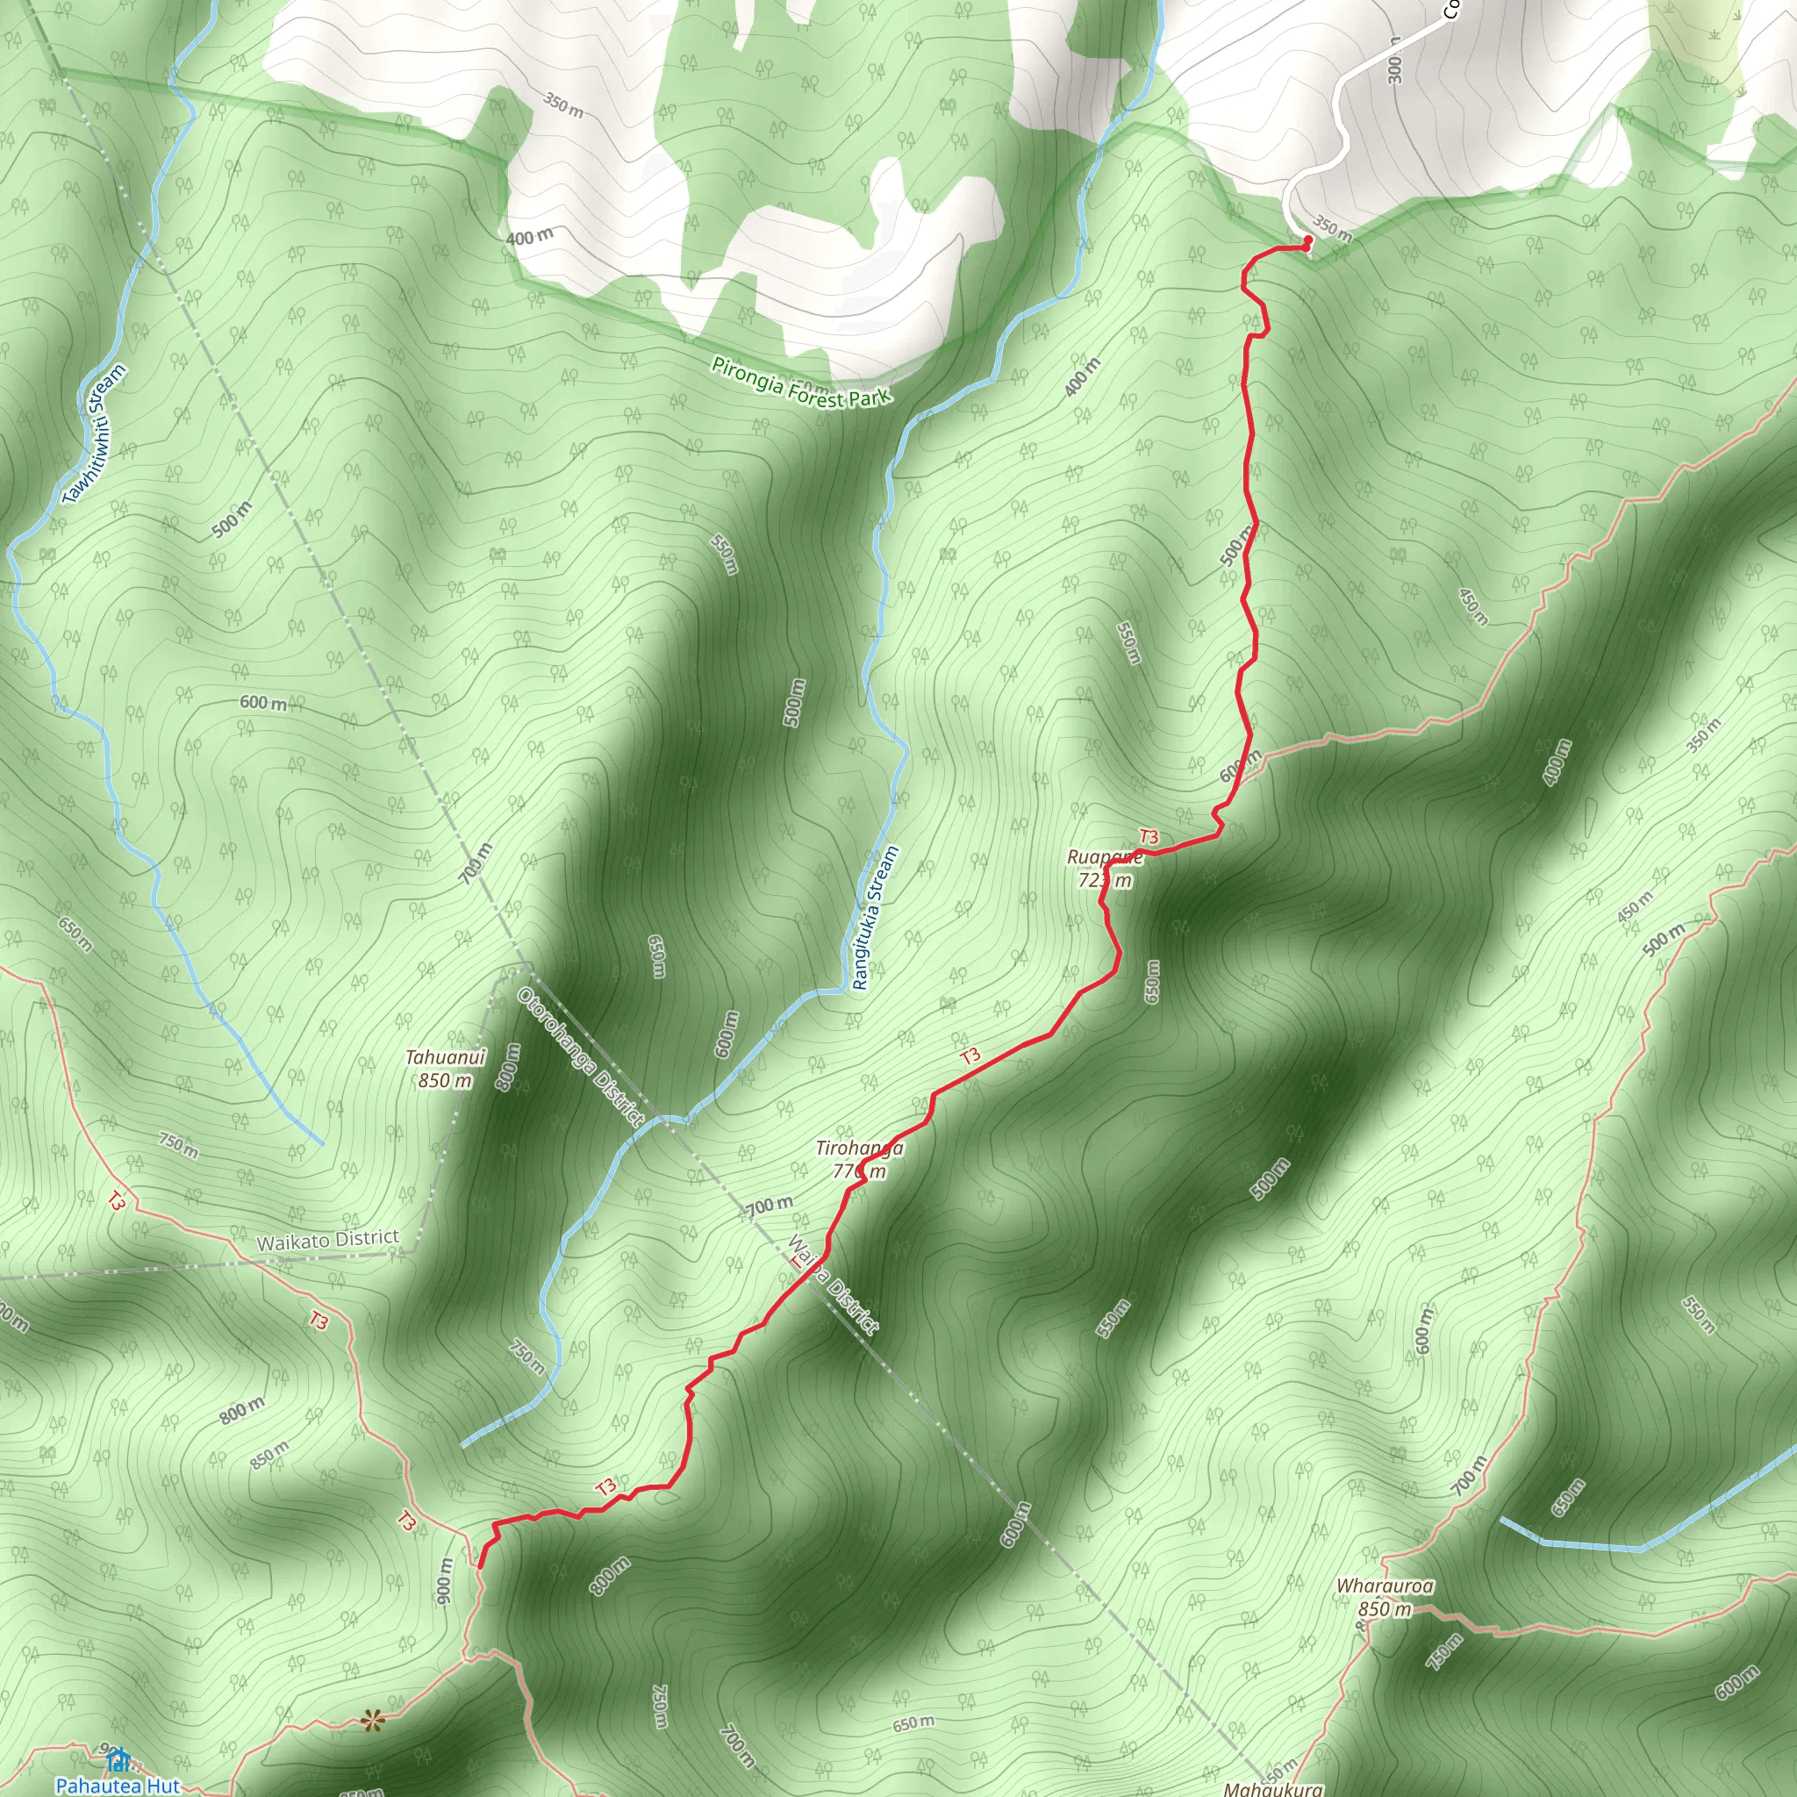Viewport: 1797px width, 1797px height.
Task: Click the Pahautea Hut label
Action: tap(118, 1786)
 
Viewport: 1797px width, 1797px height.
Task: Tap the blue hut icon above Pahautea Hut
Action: tap(118, 1760)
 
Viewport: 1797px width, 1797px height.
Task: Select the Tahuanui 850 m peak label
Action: tap(446, 1069)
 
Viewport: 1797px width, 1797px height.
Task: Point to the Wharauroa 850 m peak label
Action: tap(1385, 1597)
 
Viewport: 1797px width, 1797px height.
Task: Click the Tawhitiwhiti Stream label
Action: tap(94, 435)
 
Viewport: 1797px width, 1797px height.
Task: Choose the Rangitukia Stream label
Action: tap(875, 917)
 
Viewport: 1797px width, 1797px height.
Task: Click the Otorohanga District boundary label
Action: tap(582, 1057)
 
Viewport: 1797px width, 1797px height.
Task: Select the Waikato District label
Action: tap(327, 1240)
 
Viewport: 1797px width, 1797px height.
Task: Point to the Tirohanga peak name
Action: tap(859, 1148)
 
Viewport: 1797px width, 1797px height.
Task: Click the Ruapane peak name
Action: tap(1104, 856)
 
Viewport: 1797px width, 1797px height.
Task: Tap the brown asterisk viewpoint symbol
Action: tap(373, 1722)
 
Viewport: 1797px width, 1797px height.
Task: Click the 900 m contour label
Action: tap(445, 1579)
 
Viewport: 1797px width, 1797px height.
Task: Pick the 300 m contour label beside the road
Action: tap(1394, 60)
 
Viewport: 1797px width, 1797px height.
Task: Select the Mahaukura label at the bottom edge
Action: tap(1272, 1788)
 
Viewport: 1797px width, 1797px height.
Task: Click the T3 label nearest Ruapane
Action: tap(1149, 837)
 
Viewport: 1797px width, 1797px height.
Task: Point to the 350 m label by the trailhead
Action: tap(1332, 227)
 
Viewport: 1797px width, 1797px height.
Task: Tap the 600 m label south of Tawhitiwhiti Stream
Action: tap(263, 703)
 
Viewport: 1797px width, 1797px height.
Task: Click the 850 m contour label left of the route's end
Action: tap(269, 1456)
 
